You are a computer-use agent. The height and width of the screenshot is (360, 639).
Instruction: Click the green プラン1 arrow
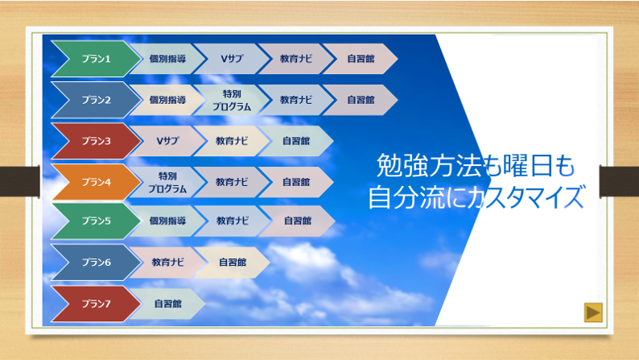[x=97, y=59]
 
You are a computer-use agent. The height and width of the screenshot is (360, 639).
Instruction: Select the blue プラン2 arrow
[x=97, y=100]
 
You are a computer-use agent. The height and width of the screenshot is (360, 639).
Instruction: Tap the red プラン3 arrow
[x=97, y=141]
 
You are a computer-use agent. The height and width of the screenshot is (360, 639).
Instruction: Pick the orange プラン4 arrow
[x=97, y=182]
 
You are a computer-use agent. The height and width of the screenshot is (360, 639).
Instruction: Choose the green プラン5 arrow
[x=97, y=221]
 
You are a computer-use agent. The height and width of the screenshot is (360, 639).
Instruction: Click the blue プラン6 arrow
[x=97, y=263]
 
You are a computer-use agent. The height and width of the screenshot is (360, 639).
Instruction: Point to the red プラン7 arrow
[x=97, y=304]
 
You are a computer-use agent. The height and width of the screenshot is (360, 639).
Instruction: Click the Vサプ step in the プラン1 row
[x=232, y=59]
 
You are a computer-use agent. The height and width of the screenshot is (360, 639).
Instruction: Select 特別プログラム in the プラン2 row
[x=232, y=100]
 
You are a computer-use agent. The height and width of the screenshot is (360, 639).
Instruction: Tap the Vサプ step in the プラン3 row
[x=167, y=141]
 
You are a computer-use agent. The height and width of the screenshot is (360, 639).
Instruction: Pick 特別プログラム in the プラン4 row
[x=167, y=182]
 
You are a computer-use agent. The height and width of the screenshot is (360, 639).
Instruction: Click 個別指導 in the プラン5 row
[x=167, y=221]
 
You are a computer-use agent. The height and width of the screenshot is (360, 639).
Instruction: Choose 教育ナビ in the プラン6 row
[x=167, y=263]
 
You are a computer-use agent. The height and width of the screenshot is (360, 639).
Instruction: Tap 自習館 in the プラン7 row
[x=167, y=304]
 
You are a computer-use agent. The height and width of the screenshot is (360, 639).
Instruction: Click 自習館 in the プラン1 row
[x=361, y=59]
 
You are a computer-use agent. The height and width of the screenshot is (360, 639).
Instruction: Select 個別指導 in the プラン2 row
[x=167, y=100]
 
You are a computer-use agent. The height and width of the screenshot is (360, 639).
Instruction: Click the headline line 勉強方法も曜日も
[x=476, y=166]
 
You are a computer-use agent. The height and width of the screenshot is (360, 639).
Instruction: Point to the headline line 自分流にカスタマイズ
[x=476, y=197]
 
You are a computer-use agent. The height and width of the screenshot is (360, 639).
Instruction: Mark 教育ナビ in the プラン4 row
[x=232, y=182]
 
